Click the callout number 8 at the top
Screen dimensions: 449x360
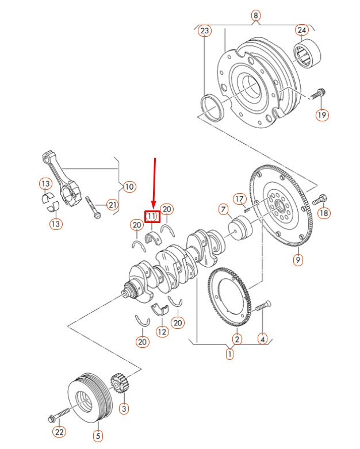256,15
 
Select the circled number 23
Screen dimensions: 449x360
204,31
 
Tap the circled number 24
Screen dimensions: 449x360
302,30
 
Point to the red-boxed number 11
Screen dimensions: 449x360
152,216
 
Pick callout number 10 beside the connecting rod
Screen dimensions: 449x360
129,186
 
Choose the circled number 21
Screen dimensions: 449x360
112,204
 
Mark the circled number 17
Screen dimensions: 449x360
239,199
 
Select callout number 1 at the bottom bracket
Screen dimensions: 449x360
230,354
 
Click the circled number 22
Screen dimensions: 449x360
60,431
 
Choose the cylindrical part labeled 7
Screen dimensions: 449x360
241,228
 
